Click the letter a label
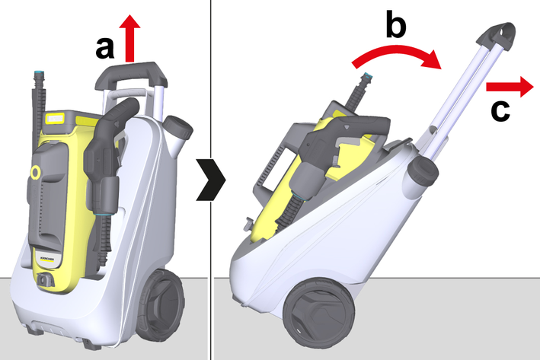pos(105,49)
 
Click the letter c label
pos(500,111)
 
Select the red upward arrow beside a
pos(129,38)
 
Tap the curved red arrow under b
pos(396,52)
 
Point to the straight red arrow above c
pos(510,87)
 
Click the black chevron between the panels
pos(211,180)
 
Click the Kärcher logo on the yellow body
pos(48,259)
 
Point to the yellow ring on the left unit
pos(35,173)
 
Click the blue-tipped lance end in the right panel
pos(368,78)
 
